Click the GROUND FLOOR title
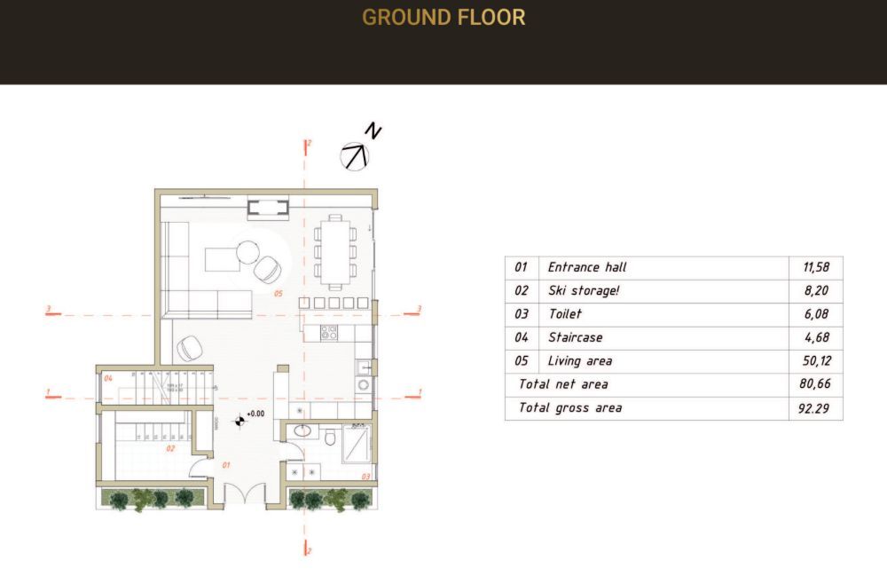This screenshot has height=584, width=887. coord(443,17)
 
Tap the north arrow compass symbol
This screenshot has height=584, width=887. coord(356,155)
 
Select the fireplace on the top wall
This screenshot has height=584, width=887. coord(267,209)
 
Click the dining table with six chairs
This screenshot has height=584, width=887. coord(335,249)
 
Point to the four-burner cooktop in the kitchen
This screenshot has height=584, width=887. coord(328,333)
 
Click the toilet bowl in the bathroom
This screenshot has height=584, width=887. coord(330,437)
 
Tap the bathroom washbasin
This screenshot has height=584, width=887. coord(302,432)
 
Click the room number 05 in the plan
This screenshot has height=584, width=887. coord(278,292)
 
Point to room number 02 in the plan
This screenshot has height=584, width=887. coord(170,449)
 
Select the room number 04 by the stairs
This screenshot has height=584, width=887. coord(107,379)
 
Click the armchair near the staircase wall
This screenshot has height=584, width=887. coord(189,350)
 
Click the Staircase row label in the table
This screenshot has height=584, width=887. coord(575,337)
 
